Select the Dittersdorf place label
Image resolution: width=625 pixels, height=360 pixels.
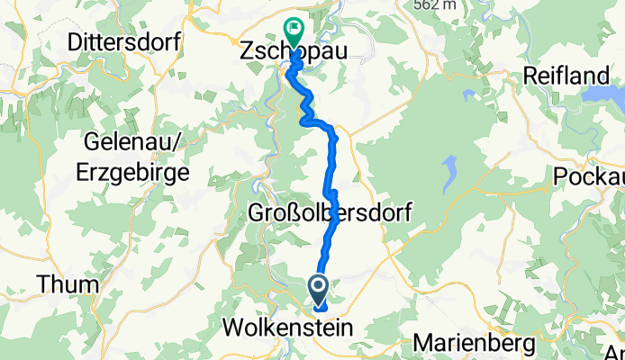124,42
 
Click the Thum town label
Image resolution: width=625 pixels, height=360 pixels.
67,284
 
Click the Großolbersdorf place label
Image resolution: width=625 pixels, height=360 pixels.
330,214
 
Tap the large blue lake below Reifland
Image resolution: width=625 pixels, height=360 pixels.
602,94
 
